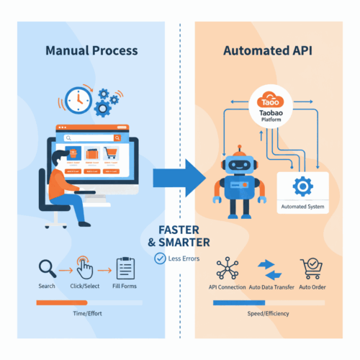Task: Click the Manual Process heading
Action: [x=92, y=51]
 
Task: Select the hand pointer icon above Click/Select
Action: [x=84, y=268]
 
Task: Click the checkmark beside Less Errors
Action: [x=159, y=258]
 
